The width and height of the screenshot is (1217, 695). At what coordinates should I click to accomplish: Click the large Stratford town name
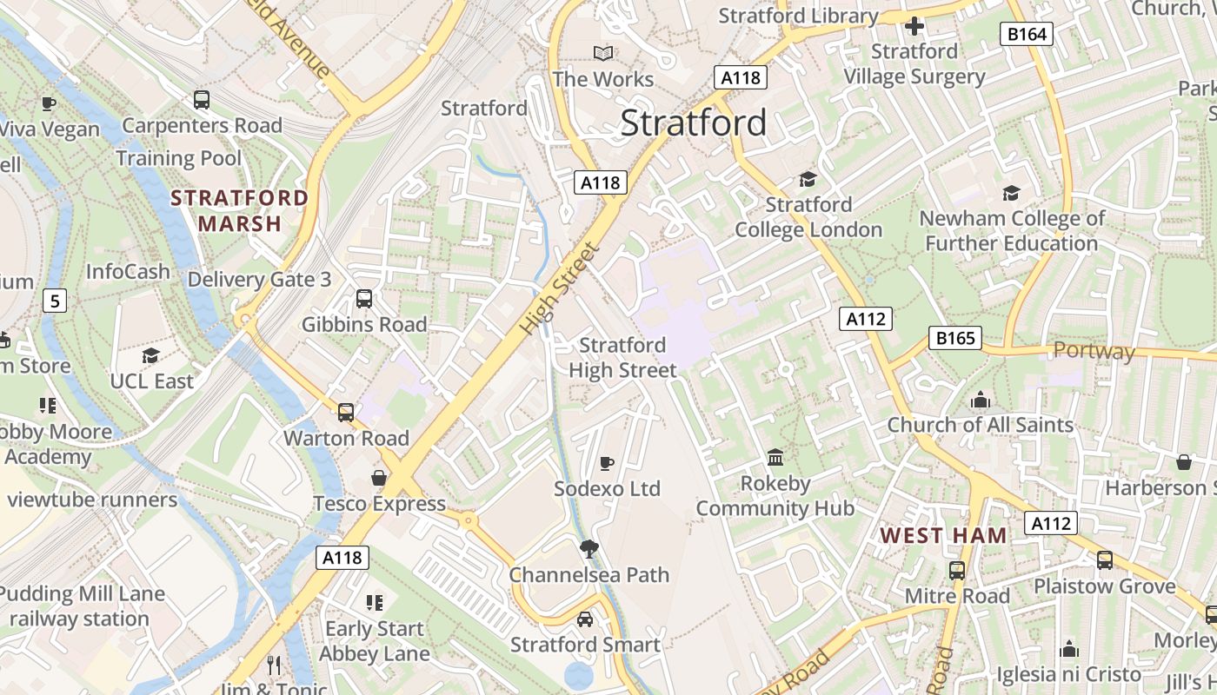click(694, 122)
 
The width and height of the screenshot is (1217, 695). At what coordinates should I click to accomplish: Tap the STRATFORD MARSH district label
click(240, 210)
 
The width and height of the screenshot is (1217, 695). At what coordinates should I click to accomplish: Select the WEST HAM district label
click(944, 535)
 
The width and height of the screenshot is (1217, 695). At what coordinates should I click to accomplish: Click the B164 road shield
click(1027, 34)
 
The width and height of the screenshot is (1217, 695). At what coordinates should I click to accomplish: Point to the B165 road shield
click(955, 338)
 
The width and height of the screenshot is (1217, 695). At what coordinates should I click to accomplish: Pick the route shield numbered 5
click(55, 301)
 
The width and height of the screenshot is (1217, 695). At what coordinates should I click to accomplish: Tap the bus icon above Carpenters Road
click(202, 100)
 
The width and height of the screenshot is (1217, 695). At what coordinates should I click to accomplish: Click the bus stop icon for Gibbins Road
click(364, 299)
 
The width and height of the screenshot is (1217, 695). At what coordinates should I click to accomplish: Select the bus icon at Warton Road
click(346, 413)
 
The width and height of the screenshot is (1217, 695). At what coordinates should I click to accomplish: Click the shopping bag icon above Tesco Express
click(379, 478)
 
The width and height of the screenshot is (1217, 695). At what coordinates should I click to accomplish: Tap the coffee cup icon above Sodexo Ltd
click(607, 463)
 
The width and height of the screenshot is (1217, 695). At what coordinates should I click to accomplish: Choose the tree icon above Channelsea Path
click(589, 548)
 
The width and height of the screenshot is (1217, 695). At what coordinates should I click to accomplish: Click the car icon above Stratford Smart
click(585, 619)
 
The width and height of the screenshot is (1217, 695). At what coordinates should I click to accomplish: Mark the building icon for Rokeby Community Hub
click(775, 457)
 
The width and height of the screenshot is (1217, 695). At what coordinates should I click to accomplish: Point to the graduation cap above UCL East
click(151, 355)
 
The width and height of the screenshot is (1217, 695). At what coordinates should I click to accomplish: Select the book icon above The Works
click(602, 53)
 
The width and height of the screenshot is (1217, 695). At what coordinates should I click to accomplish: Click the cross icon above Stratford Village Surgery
click(914, 26)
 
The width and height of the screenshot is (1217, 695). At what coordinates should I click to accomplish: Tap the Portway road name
click(1094, 351)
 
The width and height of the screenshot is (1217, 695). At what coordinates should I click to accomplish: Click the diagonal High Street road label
click(561, 289)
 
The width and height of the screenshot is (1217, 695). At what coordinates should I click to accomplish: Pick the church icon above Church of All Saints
click(981, 400)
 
